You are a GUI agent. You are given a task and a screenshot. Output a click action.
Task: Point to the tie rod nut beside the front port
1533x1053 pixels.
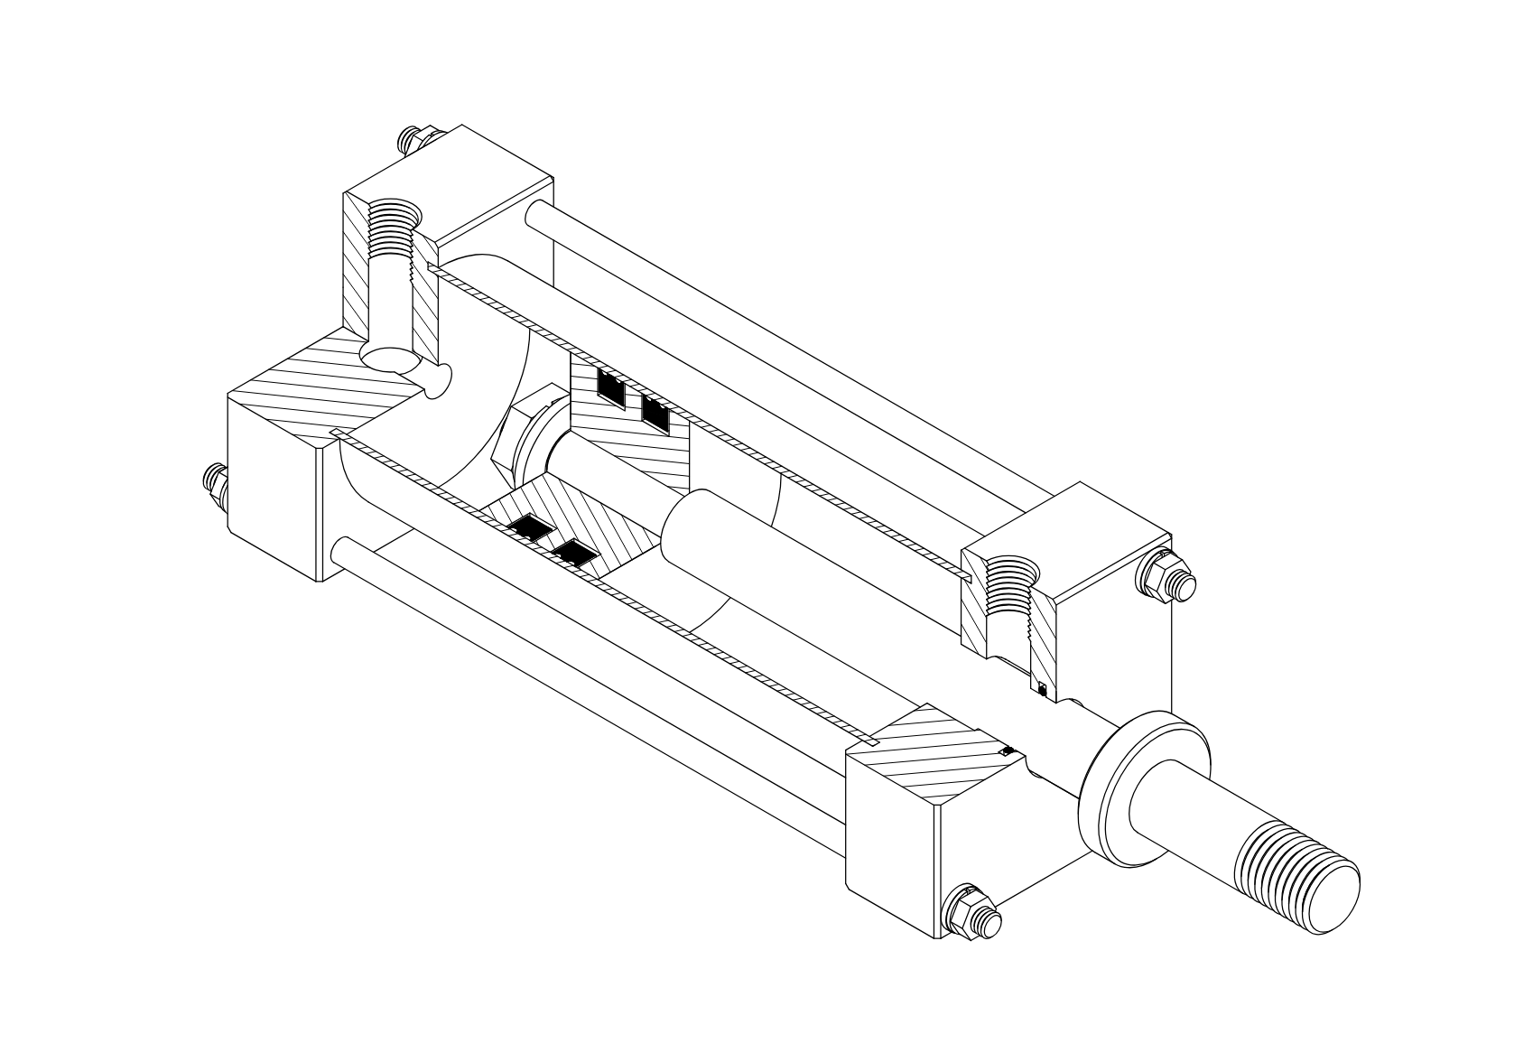(x=1166, y=575)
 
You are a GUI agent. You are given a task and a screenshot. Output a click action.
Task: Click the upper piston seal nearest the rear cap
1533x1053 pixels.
(x=611, y=387)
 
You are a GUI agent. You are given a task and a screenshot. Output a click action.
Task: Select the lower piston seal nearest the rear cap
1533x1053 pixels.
(x=527, y=528)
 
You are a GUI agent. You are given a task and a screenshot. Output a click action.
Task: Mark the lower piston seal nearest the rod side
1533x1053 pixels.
(x=575, y=553)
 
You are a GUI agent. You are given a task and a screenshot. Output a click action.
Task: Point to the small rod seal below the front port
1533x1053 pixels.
(x=1043, y=691)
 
